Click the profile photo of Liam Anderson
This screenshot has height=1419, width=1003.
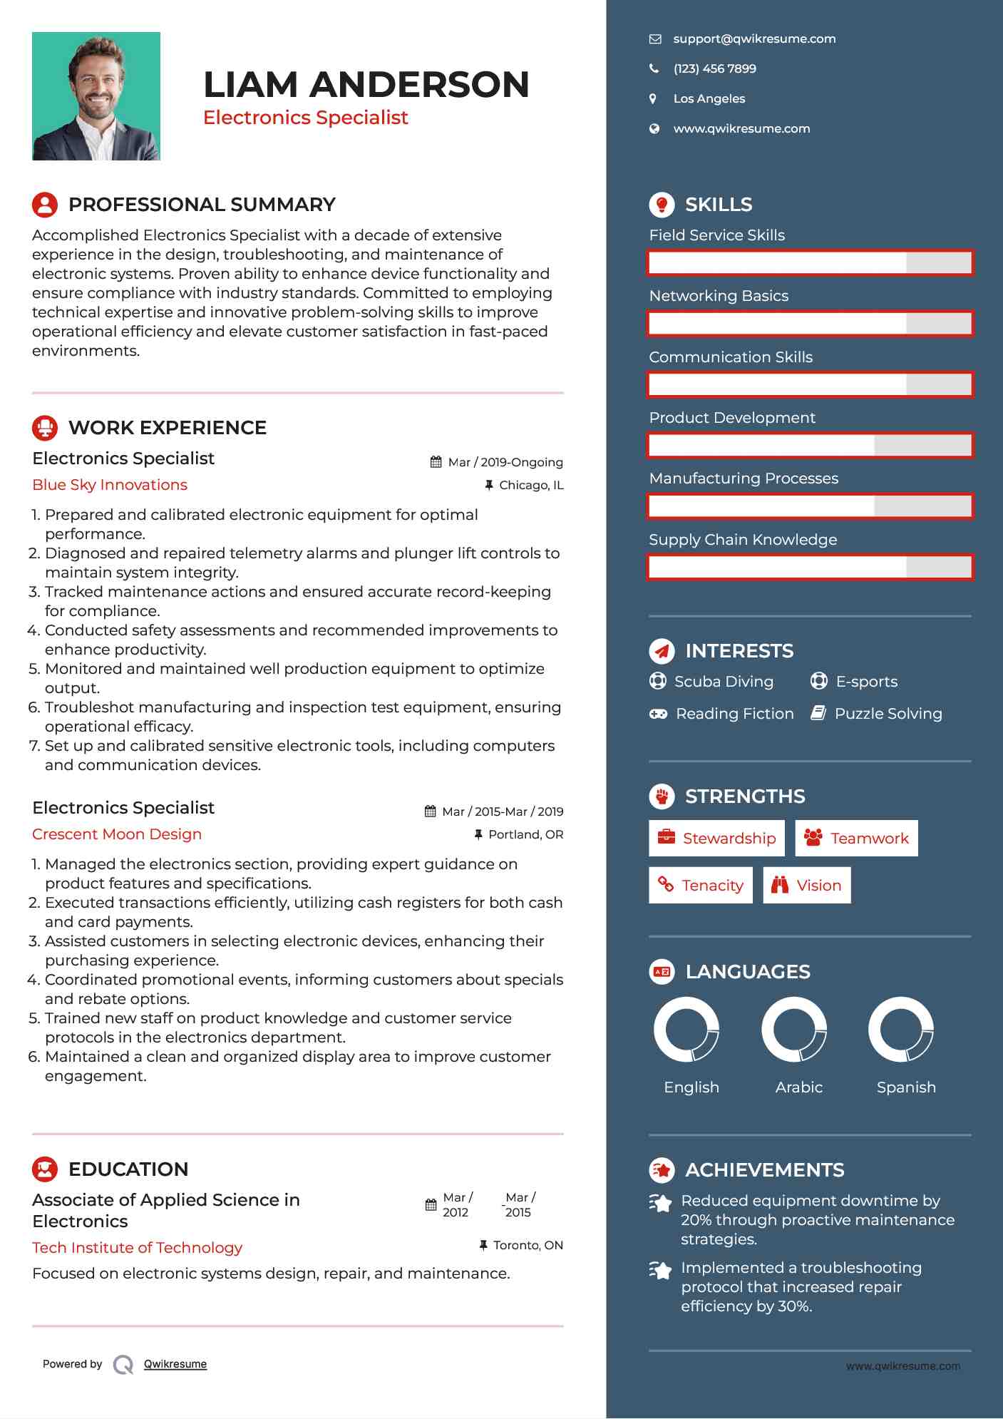[x=96, y=96]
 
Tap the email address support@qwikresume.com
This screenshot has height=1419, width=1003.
[x=754, y=39]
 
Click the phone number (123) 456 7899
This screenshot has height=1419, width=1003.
[x=714, y=69]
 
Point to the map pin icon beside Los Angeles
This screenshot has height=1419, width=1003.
[x=653, y=99]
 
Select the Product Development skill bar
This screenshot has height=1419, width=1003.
[x=810, y=446]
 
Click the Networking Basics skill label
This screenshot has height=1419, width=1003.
[x=719, y=296]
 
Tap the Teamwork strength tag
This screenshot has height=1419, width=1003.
[x=856, y=839]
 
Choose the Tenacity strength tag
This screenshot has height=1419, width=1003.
[x=700, y=886]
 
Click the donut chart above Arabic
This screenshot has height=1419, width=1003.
[x=794, y=1030]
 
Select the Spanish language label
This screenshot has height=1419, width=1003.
[x=906, y=1087]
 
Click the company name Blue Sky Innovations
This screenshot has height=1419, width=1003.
[x=110, y=485]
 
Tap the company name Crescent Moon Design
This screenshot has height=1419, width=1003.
[x=117, y=834]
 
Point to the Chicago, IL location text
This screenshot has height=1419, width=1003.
[x=531, y=486]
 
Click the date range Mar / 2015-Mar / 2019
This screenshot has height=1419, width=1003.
[x=502, y=812]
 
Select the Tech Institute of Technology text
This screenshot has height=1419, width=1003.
[x=138, y=1248]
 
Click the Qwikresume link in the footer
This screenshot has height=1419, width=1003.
[x=175, y=1364]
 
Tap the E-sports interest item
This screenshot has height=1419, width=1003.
[x=866, y=682]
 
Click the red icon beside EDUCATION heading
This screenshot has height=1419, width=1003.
[x=45, y=1169]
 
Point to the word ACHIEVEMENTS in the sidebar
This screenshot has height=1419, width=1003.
[x=764, y=1170]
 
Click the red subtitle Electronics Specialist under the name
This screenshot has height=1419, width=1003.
[x=305, y=118]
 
